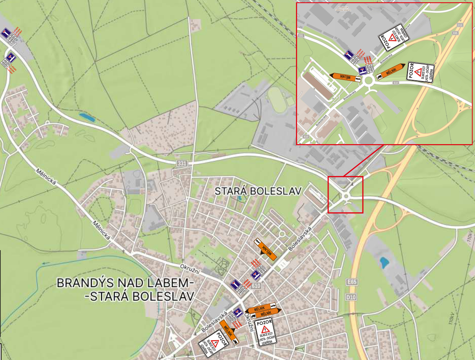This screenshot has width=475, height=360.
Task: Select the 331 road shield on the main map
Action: point(182,164)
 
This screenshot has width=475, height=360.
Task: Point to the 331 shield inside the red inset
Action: point(301,35)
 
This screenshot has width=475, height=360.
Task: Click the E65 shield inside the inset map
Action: point(455,34)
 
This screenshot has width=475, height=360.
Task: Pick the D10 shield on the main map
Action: point(351,297)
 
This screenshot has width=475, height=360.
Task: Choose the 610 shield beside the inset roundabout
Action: point(396,83)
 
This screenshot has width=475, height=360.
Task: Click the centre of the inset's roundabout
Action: point(368,80)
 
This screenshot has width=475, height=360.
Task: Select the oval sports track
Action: point(278,100)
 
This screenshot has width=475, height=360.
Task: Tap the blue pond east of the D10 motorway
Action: point(384,263)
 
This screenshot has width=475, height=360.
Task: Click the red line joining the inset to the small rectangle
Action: point(364,160)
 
